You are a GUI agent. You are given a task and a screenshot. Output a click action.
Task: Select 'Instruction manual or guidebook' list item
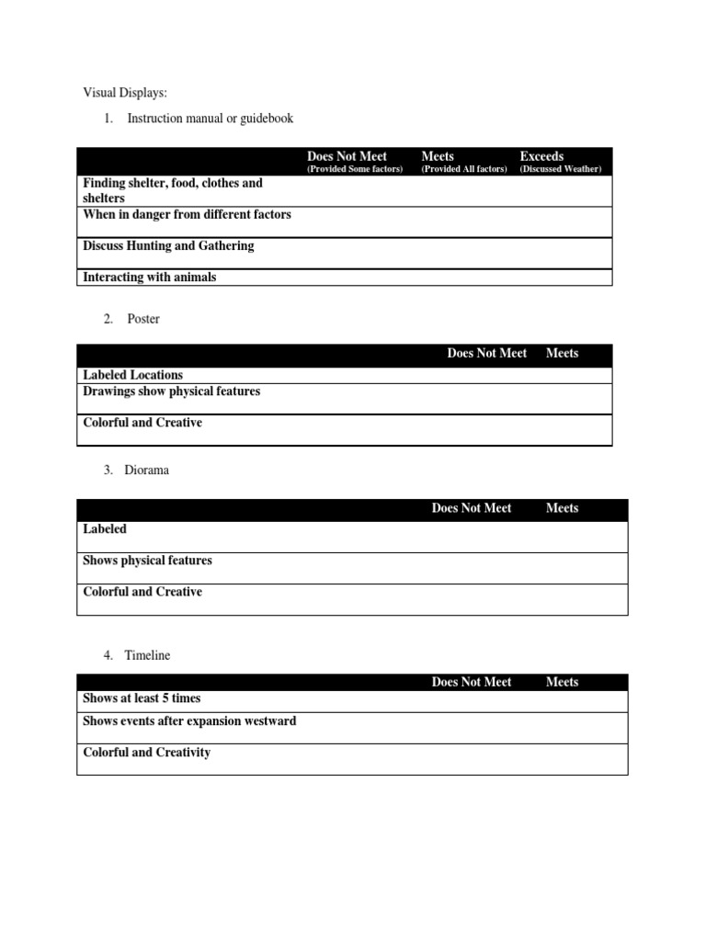[211, 119]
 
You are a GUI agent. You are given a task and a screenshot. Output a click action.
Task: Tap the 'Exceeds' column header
[541, 156]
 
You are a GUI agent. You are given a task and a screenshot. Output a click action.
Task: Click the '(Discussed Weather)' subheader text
[561, 169]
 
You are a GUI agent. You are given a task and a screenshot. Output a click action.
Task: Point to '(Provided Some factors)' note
[355, 169]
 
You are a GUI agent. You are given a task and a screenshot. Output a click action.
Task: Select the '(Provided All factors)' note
[464, 169]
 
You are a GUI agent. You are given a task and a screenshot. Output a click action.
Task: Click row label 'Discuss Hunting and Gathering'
[168, 246]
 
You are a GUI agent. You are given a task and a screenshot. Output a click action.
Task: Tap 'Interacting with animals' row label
[150, 278]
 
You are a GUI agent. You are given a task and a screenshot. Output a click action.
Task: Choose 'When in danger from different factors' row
[187, 215]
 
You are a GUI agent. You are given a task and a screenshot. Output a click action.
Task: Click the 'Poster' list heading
[143, 319]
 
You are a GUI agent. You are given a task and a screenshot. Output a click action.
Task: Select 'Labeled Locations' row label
[132, 375]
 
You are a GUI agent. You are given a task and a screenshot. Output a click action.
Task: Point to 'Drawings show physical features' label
[172, 391]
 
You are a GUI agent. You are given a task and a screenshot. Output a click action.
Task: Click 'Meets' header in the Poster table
[562, 353]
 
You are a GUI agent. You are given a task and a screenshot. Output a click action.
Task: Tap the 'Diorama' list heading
[147, 470]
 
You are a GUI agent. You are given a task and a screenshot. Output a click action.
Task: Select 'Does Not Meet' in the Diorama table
[472, 508]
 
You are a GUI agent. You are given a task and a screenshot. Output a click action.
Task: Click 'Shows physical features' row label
[147, 561]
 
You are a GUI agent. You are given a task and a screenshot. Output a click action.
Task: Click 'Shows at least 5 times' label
[142, 698]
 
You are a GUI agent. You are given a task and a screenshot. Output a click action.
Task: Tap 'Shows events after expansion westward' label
[189, 721]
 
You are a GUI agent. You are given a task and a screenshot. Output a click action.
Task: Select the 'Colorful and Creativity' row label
[146, 753]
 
